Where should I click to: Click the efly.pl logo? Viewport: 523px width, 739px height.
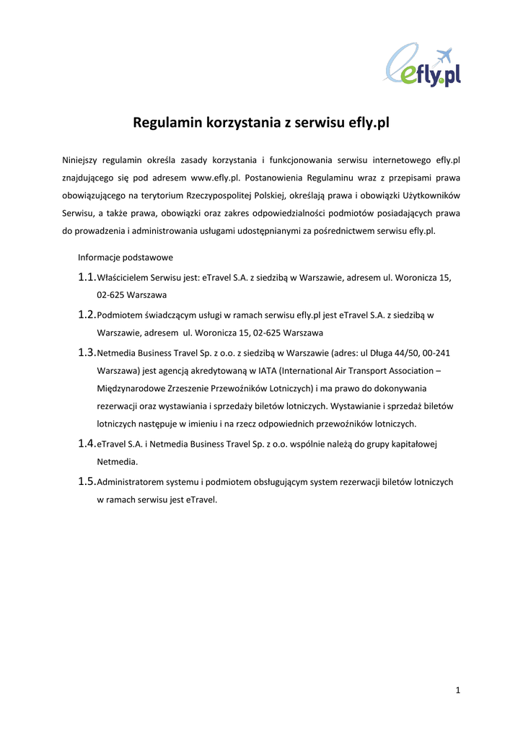pyautogui.click(x=423, y=66)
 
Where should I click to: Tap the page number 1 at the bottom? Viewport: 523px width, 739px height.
pyautogui.click(x=457, y=691)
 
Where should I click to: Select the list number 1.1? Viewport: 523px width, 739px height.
pyautogui.click(x=87, y=277)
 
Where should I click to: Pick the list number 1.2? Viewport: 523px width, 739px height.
pyautogui.click(x=87, y=315)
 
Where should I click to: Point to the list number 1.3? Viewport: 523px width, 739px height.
pyautogui.click(x=87, y=352)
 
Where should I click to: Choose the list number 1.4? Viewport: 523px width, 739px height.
pyautogui.click(x=87, y=443)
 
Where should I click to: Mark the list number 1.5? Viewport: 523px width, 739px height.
pyautogui.click(x=87, y=481)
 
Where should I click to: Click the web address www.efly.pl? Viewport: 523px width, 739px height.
pyautogui.click(x=215, y=178)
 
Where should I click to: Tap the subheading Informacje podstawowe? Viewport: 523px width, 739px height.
pyautogui.click(x=126, y=257)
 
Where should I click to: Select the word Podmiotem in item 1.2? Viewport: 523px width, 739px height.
pyautogui.click(x=120, y=315)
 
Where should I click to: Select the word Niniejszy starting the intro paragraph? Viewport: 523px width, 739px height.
pyautogui.click(x=81, y=159)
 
